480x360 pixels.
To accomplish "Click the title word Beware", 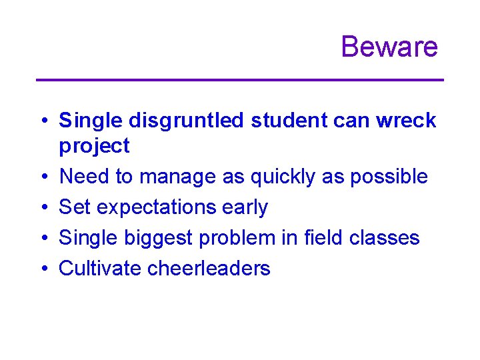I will coord(389,47).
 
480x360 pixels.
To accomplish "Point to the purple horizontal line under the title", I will coord(239,80).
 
